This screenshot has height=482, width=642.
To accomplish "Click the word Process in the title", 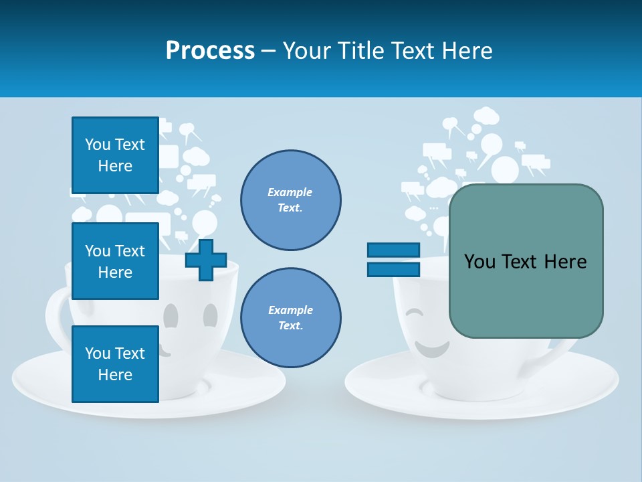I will click(x=210, y=51).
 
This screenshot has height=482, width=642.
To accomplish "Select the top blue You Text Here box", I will click(x=115, y=155).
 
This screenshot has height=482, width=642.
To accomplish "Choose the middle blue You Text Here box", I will click(x=115, y=261).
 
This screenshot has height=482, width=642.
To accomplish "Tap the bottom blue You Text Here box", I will click(x=115, y=364).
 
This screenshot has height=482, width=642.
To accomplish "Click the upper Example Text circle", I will click(x=290, y=200).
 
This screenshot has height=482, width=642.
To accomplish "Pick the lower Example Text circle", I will click(x=290, y=318).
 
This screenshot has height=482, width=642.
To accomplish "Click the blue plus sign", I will click(x=206, y=260).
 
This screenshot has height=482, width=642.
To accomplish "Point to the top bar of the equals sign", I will click(x=393, y=250).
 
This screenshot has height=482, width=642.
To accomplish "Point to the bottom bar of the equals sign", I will click(x=393, y=269).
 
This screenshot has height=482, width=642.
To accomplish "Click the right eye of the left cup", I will click(x=210, y=314).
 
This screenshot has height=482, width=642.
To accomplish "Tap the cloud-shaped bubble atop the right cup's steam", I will click(x=486, y=116).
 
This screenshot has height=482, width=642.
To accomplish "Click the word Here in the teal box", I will click(x=565, y=262).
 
